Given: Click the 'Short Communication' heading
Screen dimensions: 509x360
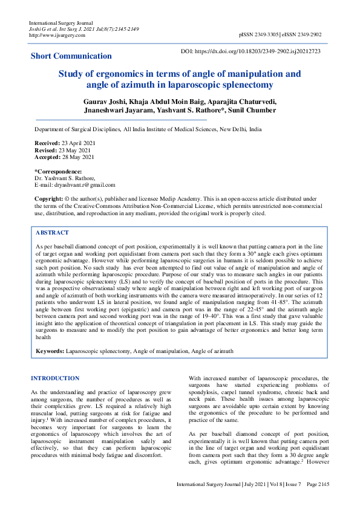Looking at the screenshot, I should [71, 56].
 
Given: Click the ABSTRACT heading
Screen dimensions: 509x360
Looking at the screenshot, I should [52, 233].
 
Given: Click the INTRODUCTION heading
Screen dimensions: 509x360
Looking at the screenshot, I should [55, 378].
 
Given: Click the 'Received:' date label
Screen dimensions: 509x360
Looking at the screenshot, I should [48, 143].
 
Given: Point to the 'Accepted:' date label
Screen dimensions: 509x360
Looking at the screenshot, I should [48, 157].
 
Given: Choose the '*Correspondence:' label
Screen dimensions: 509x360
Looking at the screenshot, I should [58, 172].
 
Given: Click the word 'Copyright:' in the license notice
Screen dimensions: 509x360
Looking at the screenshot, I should [48, 199].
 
